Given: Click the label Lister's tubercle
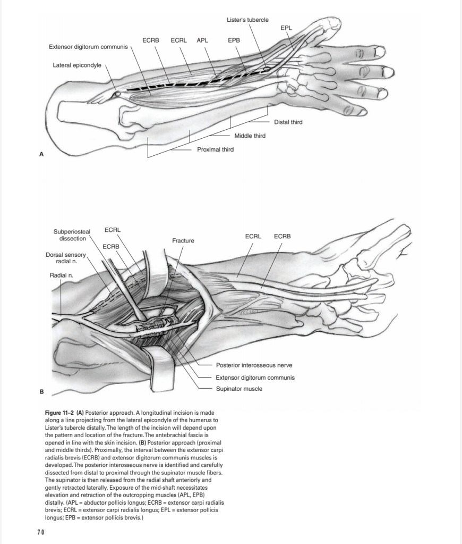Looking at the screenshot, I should [x=247, y=20].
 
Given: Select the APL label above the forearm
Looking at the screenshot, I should [x=202, y=40].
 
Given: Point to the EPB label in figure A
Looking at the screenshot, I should [x=234, y=40].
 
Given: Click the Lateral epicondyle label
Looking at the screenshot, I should [x=77, y=65].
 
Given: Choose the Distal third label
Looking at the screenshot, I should [x=288, y=122].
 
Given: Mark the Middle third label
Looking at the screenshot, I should [x=250, y=136].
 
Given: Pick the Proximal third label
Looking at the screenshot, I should [x=215, y=149].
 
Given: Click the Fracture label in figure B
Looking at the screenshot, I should [x=183, y=241].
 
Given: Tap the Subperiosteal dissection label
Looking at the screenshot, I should [x=72, y=235].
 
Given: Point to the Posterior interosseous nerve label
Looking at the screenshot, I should [x=254, y=365].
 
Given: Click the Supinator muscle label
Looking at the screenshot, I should [x=239, y=389].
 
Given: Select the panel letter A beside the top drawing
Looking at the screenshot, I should [x=41, y=154].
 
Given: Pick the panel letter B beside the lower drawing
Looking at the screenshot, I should [x=41, y=392].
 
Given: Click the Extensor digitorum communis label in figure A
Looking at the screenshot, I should [x=88, y=47].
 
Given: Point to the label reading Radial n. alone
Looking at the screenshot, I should [x=62, y=275].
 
